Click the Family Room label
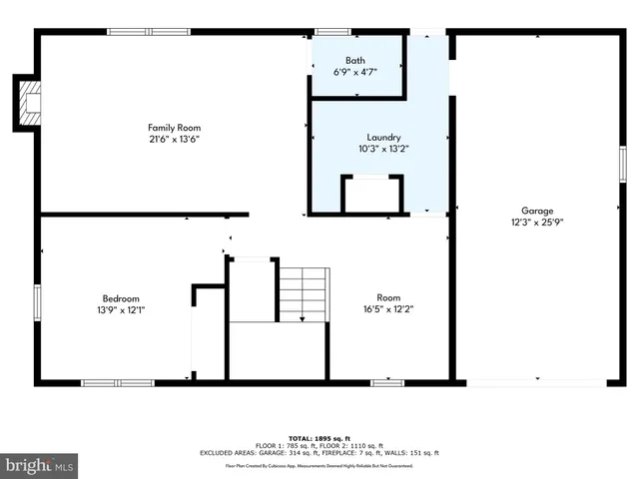pyautogui.click(x=175, y=128)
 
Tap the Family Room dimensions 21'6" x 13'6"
pyautogui.click(x=175, y=139)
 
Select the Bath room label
pyautogui.click(x=355, y=61)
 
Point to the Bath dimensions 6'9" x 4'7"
pyautogui.click(x=355, y=72)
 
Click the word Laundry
pyautogui.click(x=383, y=138)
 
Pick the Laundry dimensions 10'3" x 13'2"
pyautogui.click(x=383, y=149)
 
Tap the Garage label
pyautogui.click(x=537, y=211)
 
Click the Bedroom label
pyautogui.click(x=121, y=298)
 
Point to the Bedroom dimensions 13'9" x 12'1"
pyautogui.click(x=121, y=309)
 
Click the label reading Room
pyautogui.click(x=388, y=297)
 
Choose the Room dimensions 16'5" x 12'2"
pyautogui.click(x=388, y=308)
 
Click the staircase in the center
pyautogui.click(x=303, y=293)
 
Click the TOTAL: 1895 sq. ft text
pyautogui.click(x=319, y=438)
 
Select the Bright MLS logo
pyautogui.click(x=40, y=465)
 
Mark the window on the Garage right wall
pyautogui.click(x=621, y=162)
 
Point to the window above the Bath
pyautogui.click(x=332, y=32)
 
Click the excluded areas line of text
pyautogui.click(x=319, y=453)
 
